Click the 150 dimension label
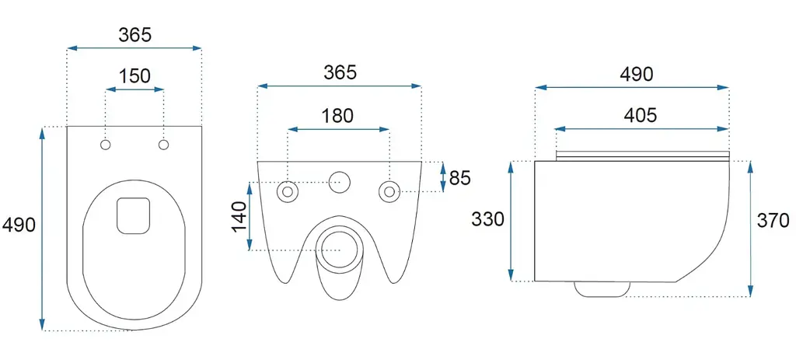tap(135, 76)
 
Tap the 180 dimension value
tap(337, 116)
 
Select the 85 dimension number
tap(460, 178)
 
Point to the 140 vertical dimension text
tap(239, 216)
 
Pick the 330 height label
tap(487, 219)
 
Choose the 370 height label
tap(773, 220)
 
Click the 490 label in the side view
tap(636, 75)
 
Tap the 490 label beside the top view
tap(19, 225)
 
